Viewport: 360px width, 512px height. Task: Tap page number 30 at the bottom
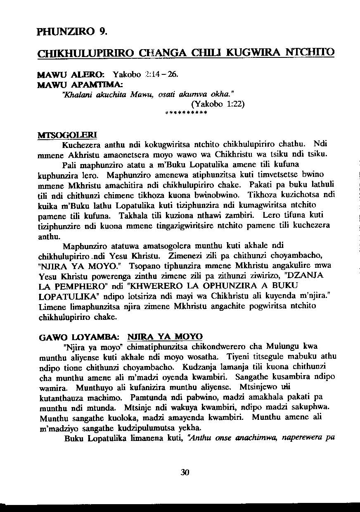[x=185, y=473]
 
